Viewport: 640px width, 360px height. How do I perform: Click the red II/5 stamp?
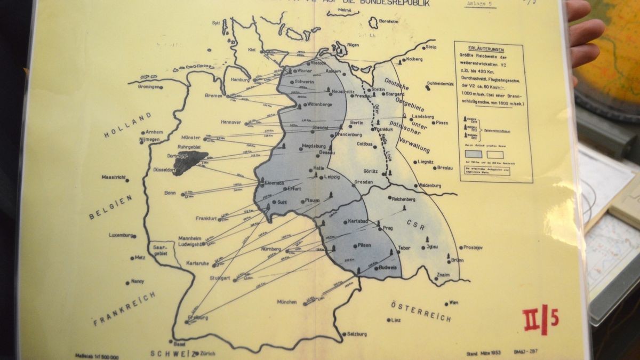(x=541, y=319)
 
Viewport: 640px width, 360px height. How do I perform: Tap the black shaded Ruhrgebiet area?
(x=190, y=162)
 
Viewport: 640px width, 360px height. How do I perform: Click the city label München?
(x=286, y=302)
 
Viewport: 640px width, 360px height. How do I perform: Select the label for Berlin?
(x=356, y=123)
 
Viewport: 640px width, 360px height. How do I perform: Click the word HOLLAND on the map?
(x=121, y=125)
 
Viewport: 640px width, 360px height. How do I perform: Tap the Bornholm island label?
(x=381, y=22)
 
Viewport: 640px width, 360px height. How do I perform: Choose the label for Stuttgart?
(x=220, y=278)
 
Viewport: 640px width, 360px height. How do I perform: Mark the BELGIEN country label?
(x=110, y=207)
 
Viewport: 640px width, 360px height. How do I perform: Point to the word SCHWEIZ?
(x=167, y=353)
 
